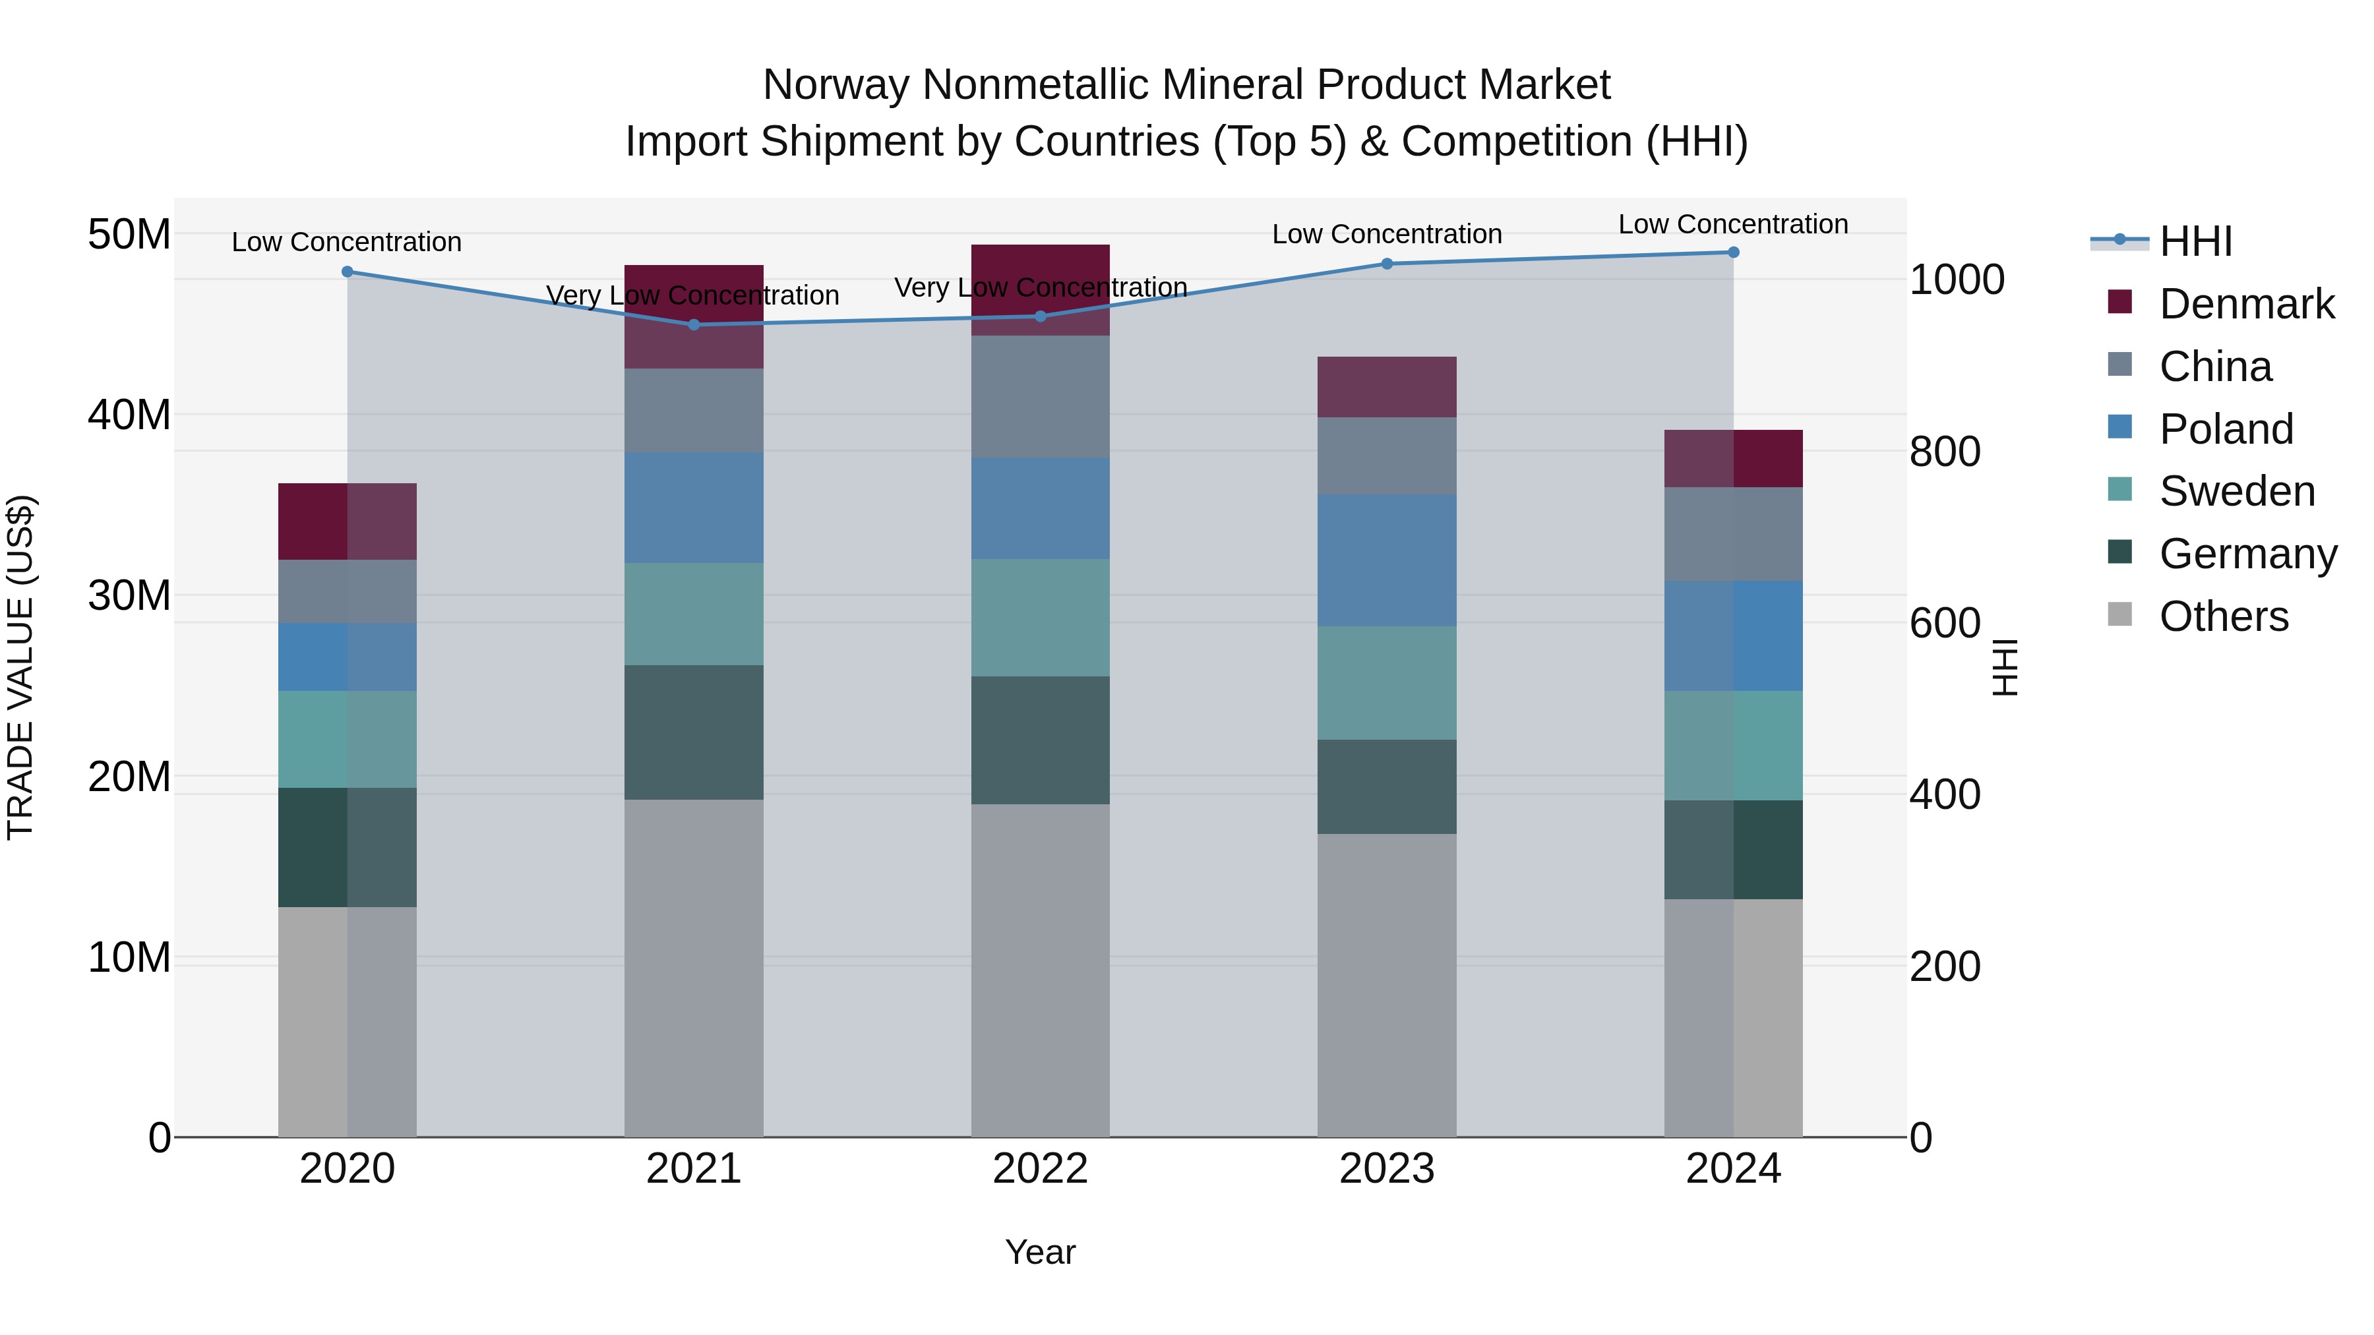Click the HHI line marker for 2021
pos(694,324)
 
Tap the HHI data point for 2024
pos(1734,252)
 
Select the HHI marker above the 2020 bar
pos(348,272)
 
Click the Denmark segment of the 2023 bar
pos(1387,387)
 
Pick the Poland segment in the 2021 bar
pos(694,508)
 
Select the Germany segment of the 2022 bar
pos(1041,741)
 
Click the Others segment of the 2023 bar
pos(1387,985)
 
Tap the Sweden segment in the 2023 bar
pos(1387,683)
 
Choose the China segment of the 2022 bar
pos(1041,396)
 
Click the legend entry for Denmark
pos(2246,304)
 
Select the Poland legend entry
pos(2226,429)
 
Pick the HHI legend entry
pos(2195,241)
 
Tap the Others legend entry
pos(2223,616)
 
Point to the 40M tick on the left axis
pos(129,415)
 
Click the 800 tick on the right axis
pos(1945,452)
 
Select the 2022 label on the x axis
pos(1041,1169)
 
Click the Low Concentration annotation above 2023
pos(1387,234)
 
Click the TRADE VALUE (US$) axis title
pos(20,667)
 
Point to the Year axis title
pos(1041,1252)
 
